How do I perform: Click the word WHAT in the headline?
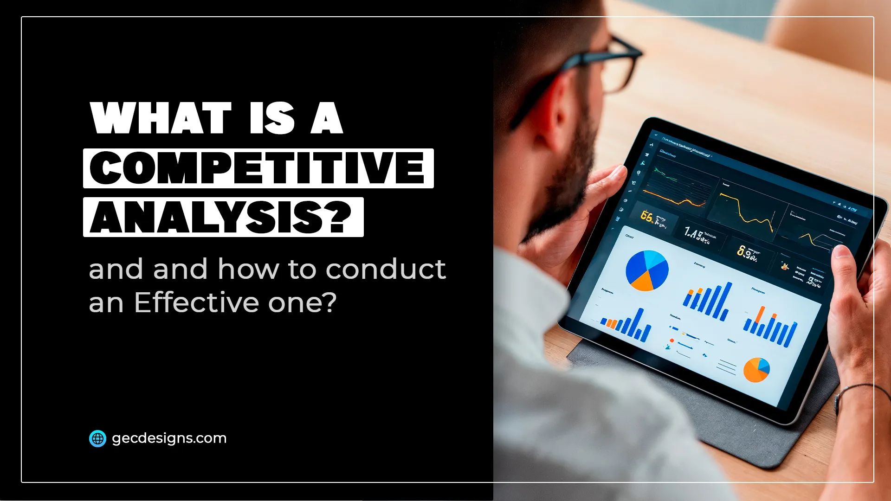click(x=161, y=118)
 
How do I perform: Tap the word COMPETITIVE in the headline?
click(x=258, y=168)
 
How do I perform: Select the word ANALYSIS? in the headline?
click(x=222, y=217)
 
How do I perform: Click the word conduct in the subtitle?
click(x=386, y=269)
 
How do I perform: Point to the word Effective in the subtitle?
click(x=197, y=302)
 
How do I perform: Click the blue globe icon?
click(x=97, y=438)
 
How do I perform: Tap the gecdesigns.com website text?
click(x=169, y=438)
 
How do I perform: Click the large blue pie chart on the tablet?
click(x=646, y=270)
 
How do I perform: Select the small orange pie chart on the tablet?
click(x=756, y=370)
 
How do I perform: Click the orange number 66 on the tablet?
click(x=646, y=216)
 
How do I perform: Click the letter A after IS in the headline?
click(x=327, y=118)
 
